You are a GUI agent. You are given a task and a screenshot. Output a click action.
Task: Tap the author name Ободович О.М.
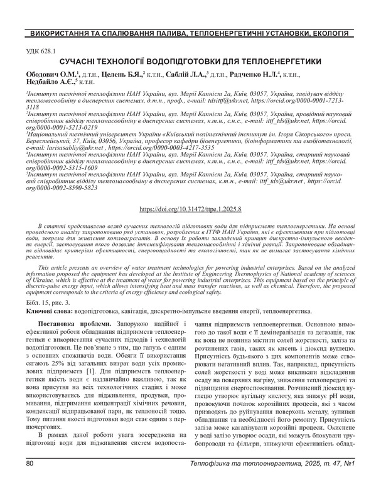(x=50, y=73)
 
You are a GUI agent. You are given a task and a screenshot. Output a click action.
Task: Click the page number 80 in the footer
(x=30, y=481)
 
